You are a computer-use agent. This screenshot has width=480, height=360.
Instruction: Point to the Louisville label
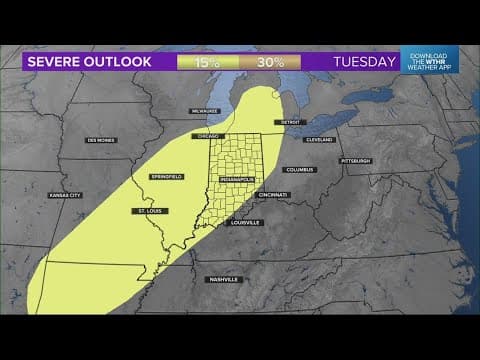point(246,222)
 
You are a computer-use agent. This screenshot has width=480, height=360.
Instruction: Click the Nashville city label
point(224,279)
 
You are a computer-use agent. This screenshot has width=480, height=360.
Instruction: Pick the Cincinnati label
point(273,194)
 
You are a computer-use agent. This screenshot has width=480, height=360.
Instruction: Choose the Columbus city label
point(299,169)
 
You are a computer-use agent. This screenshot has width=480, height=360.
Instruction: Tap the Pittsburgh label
point(355,160)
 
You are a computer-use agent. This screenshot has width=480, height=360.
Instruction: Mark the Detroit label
point(290,122)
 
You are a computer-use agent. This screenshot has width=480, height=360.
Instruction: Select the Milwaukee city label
point(206,111)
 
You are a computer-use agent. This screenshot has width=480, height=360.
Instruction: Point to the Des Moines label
point(101,140)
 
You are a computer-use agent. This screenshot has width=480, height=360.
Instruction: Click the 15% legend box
point(207,62)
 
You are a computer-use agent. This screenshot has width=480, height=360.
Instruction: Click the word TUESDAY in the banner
point(364,62)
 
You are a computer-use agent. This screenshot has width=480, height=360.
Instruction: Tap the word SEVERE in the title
point(56,62)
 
